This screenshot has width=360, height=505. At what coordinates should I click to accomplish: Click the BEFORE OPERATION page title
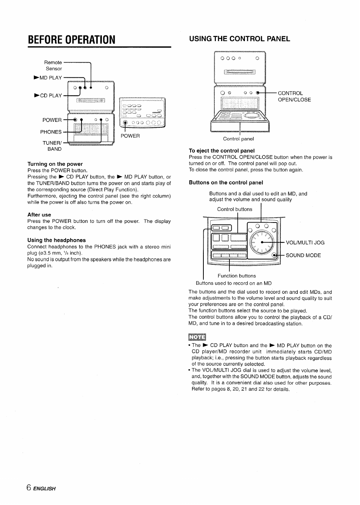[x=71, y=39]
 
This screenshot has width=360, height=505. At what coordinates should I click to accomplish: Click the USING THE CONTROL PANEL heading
[x=239, y=39]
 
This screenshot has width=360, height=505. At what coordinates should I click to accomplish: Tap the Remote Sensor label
[x=53, y=65]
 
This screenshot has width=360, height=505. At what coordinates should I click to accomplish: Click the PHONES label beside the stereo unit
[x=51, y=132]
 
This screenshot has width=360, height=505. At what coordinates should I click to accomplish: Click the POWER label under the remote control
[x=130, y=136]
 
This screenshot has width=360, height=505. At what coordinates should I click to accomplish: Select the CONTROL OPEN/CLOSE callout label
[x=294, y=97]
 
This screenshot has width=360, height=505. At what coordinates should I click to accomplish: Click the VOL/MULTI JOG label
[x=305, y=243]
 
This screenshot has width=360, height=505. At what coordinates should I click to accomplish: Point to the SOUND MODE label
[x=303, y=255]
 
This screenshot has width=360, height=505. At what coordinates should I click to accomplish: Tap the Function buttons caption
[x=237, y=276]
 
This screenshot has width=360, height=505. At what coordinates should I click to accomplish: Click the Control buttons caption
[x=235, y=209]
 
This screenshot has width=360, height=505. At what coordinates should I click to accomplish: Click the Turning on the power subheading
[x=55, y=164]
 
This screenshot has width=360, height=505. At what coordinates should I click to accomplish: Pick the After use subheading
[x=39, y=215]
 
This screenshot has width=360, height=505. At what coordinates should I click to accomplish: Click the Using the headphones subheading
[x=56, y=240]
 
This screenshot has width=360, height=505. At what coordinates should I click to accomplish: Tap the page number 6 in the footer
[x=29, y=487]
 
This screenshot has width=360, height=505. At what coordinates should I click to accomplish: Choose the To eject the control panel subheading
[x=222, y=151]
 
